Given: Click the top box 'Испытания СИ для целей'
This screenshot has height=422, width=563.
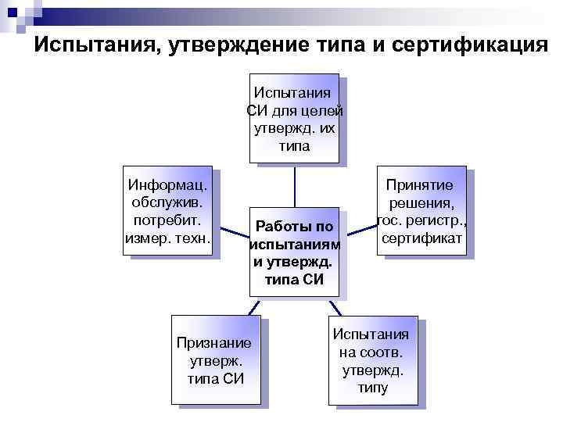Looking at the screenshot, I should click(294, 118).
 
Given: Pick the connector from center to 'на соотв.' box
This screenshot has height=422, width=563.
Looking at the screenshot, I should click(337, 307).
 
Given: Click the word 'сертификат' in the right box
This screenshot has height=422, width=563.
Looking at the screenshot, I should click(424, 237).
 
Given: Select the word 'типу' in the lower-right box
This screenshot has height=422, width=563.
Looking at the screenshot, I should click(375, 387).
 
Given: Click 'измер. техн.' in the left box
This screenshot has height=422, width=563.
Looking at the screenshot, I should click(168, 237).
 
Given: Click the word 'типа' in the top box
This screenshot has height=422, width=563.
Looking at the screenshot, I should click(294, 145).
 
